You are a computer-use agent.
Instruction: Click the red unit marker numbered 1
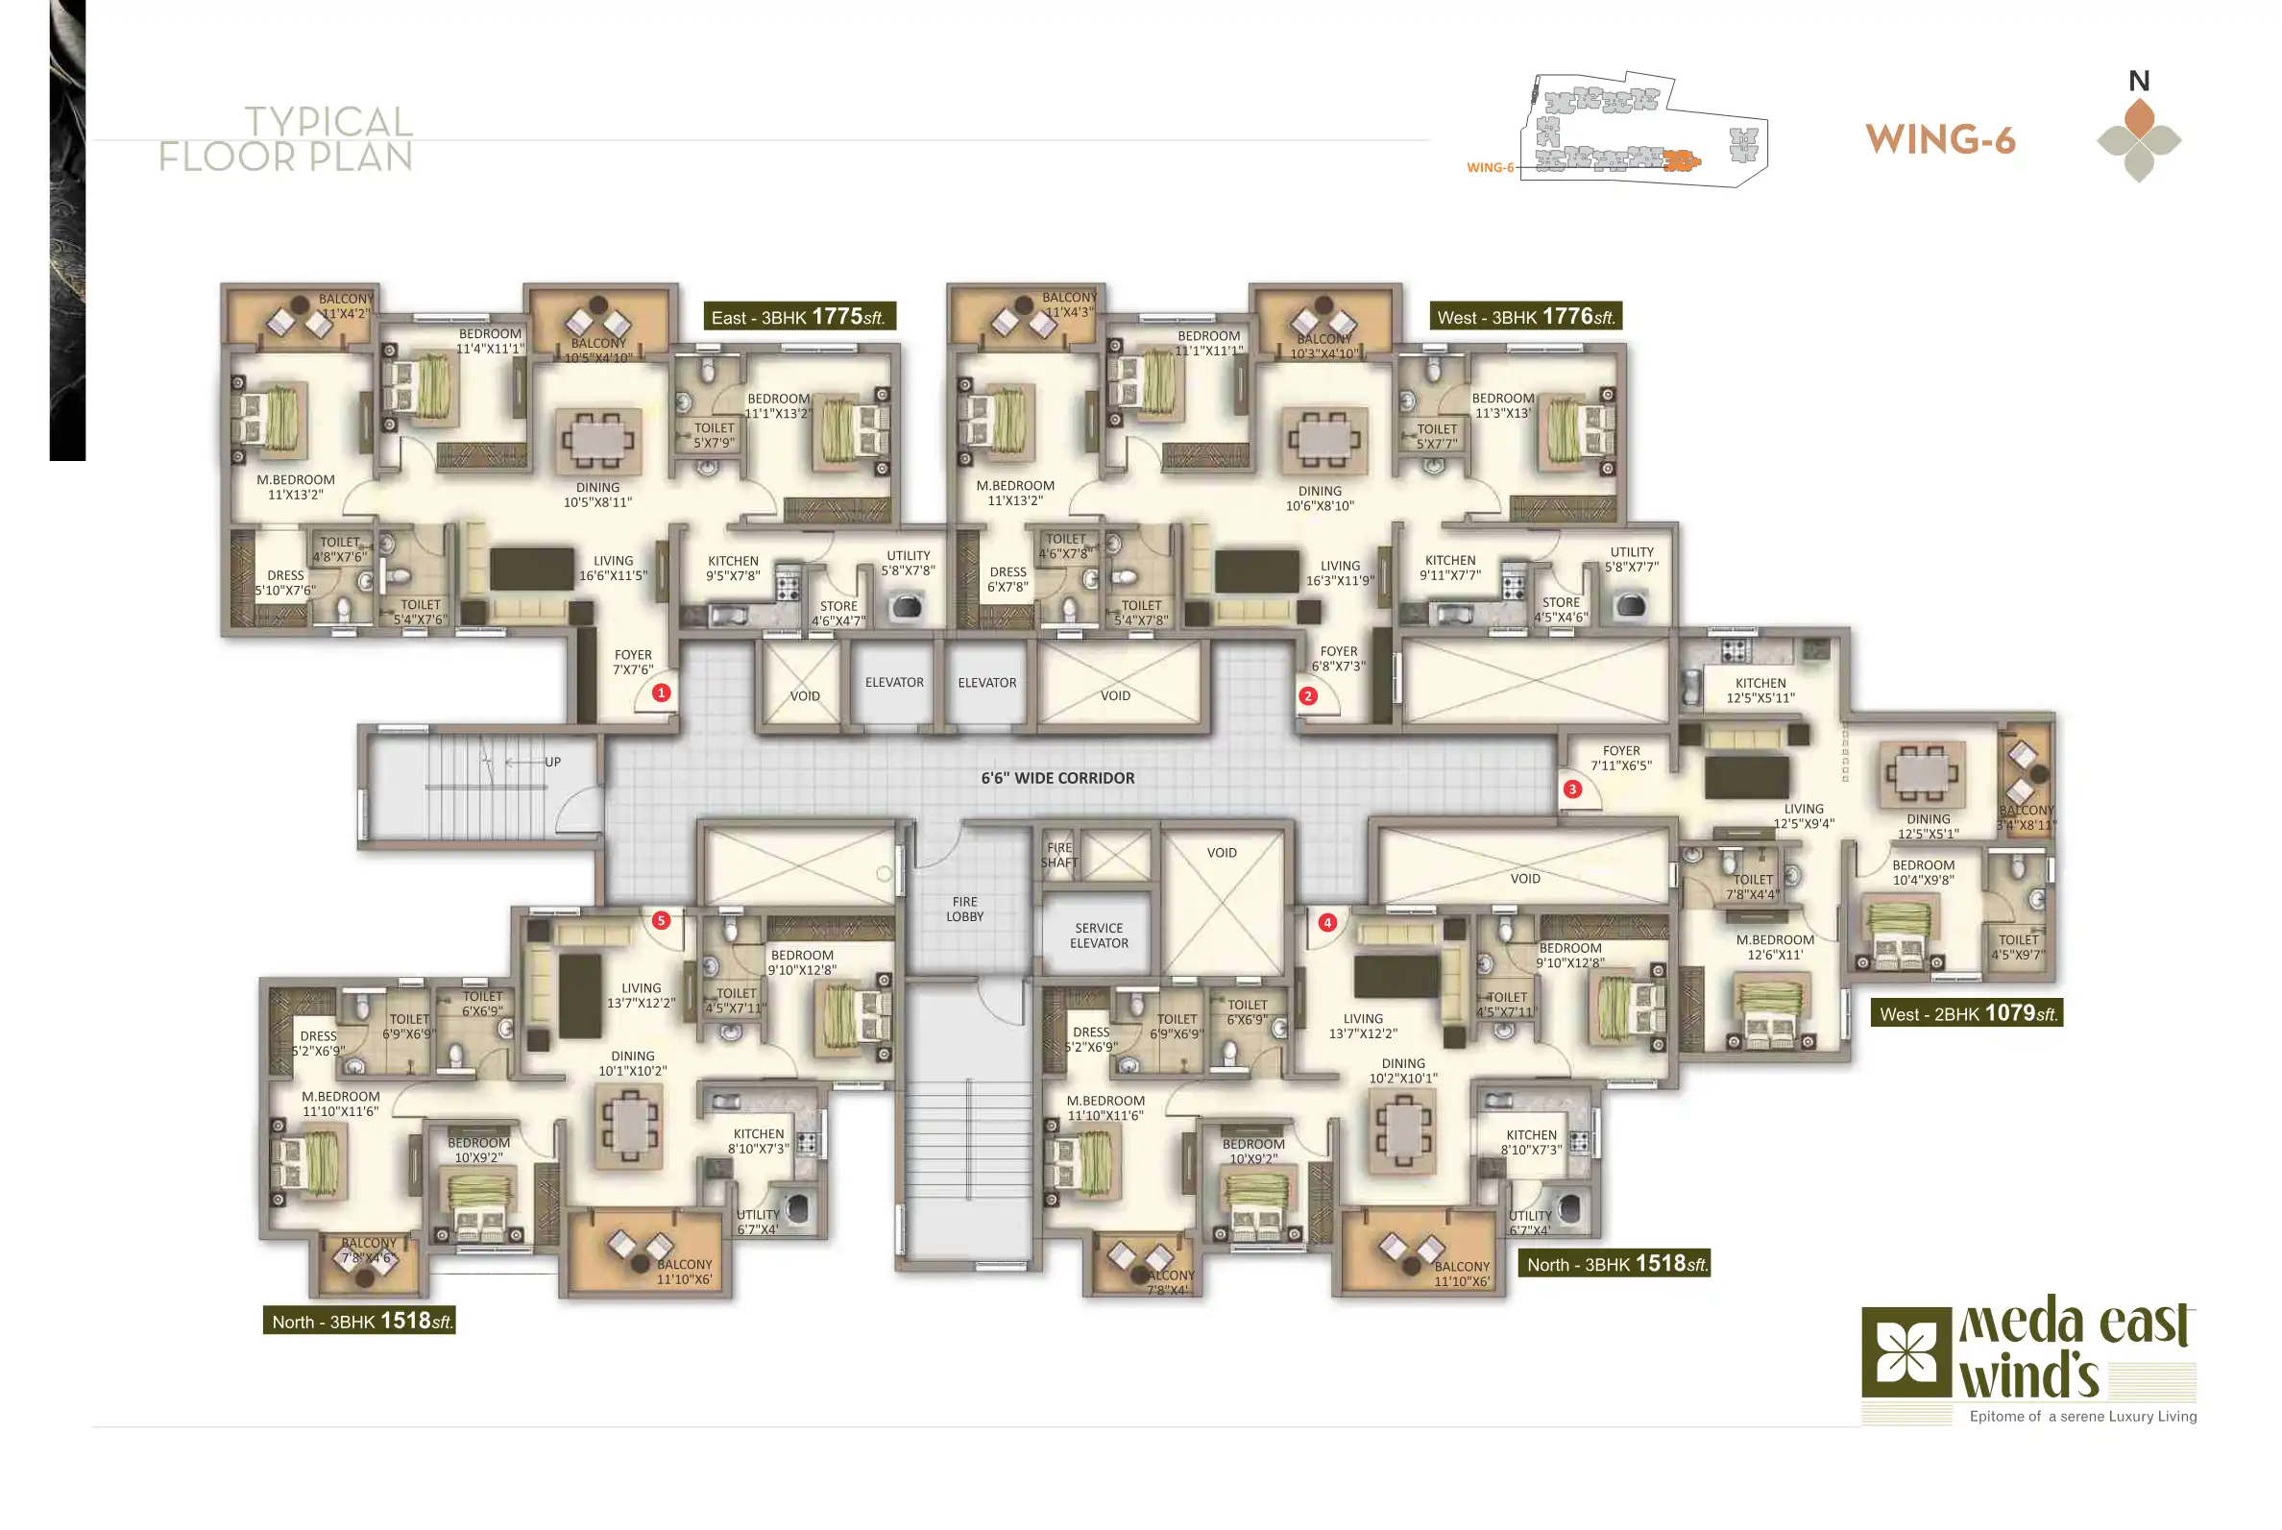[x=661, y=692]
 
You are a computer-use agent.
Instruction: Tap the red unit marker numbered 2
[x=1307, y=695]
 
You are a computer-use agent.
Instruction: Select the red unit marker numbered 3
[x=1571, y=789]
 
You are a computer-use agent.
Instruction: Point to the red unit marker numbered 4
[x=1327, y=922]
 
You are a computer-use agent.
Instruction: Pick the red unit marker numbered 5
[x=661, y=920]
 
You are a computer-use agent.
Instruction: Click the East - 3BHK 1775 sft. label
[x=799, y=316]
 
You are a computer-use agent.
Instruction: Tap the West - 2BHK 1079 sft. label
[x=1966, y=1013]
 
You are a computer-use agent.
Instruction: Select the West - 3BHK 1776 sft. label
[x=1526, y=316]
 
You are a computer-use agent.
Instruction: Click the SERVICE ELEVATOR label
[x=1099, y=935]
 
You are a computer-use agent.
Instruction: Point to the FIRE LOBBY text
[x=965, y=910]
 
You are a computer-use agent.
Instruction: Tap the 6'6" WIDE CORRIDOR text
[x=1057, y=779]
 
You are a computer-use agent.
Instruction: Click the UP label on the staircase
[x=552, y=762]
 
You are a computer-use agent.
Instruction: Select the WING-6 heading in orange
[x=1939, y=140]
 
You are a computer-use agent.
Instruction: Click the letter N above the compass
[x=2139, y=81]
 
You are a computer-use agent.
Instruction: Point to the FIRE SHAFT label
[x=1059, y=855]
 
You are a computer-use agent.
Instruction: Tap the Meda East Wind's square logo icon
[x=1899, y=1353]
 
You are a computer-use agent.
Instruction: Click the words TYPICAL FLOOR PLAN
[x=286, y=139]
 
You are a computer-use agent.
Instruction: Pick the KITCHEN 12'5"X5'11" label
[x=1760, y=691]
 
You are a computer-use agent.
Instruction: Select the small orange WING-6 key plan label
[x=1490, y=168]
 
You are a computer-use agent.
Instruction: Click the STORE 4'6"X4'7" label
[x=838, y=613]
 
